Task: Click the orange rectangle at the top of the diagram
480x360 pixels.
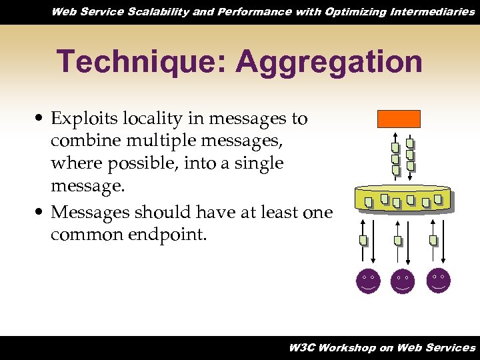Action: [x=399, y=119]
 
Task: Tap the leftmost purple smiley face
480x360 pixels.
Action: [x=368, y=281]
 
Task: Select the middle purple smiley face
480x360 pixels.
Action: [x=403, y=281]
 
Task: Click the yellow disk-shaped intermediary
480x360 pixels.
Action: [x=403, y=198]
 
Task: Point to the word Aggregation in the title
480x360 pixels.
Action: [x=329, y=62]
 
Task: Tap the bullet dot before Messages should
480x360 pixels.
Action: [x=41, y=212]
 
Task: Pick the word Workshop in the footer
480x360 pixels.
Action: [x=348, y=347]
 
